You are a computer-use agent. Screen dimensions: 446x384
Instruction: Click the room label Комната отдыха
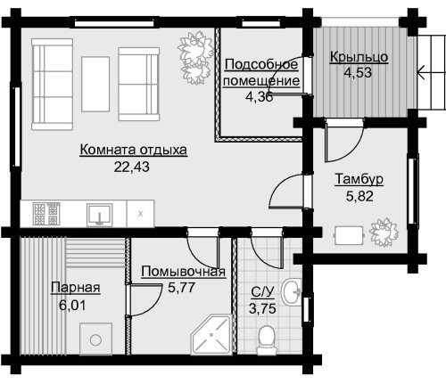[x=134, y=150]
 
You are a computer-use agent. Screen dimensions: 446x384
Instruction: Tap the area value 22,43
[x=132, y=167]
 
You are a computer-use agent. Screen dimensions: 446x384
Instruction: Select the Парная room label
[x=75, y=288]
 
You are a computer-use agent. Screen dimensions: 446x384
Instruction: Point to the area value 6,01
[x=72, y=305]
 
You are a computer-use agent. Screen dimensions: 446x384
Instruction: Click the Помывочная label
[x=183, y=271]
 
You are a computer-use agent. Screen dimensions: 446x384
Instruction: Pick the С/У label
[x=262, y=292]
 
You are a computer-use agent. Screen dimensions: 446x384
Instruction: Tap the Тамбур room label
[x=359, y=179]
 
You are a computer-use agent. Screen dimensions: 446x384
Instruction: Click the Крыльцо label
[x=359, y=56]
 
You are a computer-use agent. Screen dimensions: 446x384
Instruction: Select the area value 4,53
[x=358, y=72]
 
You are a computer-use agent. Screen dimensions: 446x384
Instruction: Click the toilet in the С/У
[x=266, y=339]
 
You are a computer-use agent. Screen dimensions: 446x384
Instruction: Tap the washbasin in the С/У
[x=292, y=291]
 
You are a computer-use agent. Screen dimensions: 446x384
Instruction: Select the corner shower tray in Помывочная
[x=211, y=334]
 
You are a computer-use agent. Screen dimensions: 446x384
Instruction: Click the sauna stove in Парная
[x=95, y=339]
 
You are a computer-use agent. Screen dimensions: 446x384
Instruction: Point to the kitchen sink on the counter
[x=100, y=215]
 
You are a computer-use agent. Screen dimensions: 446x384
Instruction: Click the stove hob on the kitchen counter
[x=46, y=214]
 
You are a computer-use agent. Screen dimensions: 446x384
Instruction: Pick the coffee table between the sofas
[x=95, y=84]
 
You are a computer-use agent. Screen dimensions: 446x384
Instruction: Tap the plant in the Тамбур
[x=384, y=232]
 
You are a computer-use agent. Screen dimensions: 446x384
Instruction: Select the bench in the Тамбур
[x=350, y=235]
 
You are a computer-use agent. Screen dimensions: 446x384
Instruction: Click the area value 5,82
[x=359, y=196]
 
